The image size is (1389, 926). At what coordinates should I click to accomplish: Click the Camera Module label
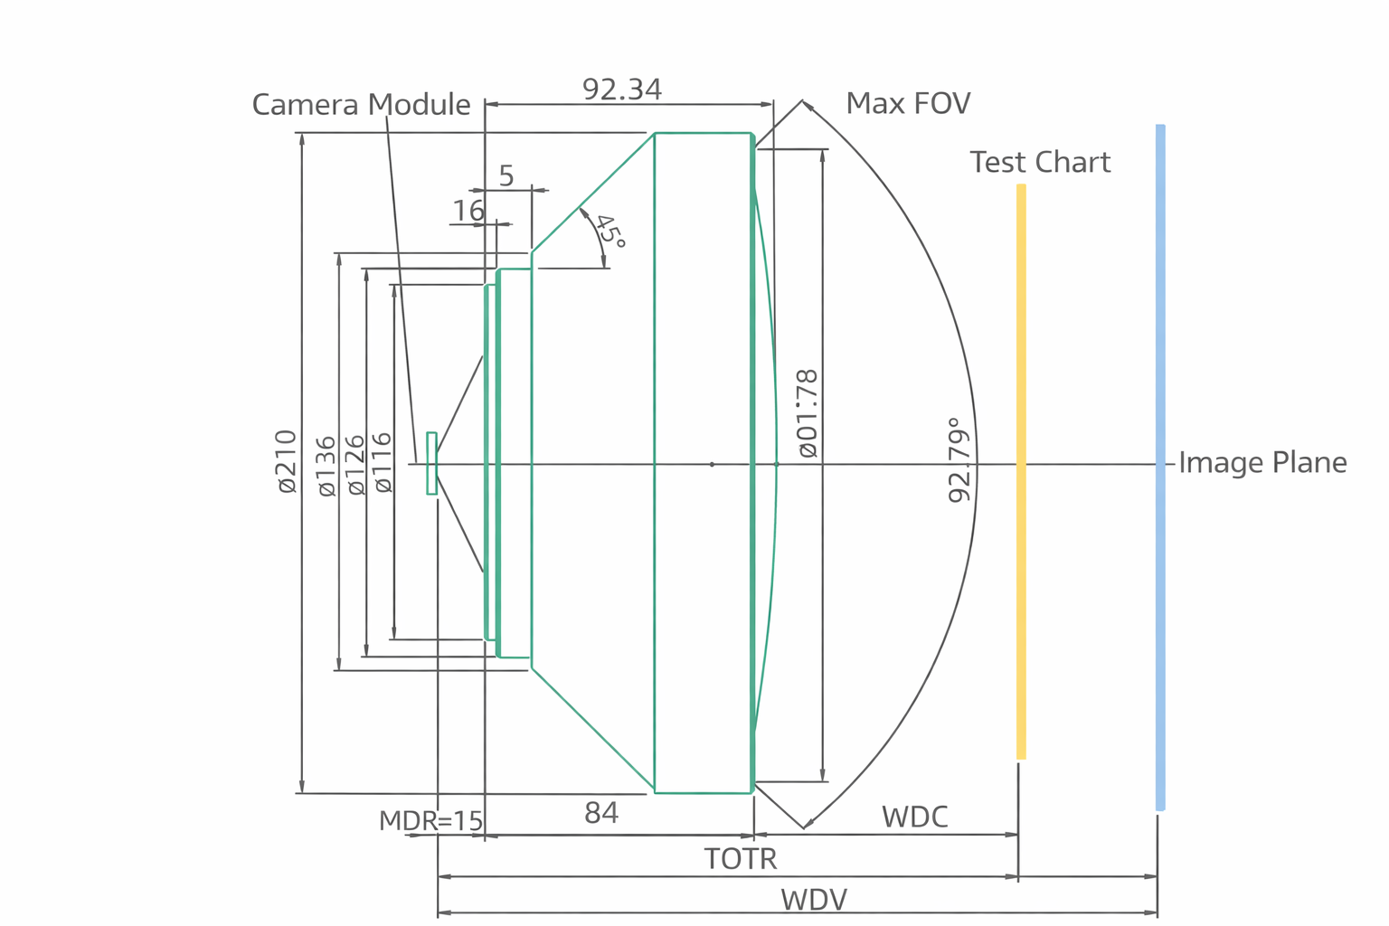361,105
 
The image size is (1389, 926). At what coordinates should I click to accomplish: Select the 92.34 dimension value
622,90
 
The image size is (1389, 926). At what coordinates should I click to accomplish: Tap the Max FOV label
908,104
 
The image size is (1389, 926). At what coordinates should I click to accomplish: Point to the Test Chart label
1040,163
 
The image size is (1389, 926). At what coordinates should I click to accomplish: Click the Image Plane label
1262,463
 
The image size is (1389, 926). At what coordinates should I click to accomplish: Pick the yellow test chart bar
1021,470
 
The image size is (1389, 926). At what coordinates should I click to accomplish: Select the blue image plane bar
1160,467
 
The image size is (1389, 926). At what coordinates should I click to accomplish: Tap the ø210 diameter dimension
286,461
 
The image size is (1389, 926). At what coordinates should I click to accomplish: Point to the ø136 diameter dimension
326,466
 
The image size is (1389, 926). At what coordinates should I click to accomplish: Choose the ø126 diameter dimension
355,465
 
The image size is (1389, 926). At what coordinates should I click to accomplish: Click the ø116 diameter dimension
383,462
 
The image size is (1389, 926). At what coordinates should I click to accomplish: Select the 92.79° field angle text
959,460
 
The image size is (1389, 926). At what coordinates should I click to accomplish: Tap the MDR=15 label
430,821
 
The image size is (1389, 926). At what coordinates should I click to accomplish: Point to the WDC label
914,817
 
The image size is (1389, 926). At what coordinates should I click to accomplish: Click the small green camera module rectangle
431,463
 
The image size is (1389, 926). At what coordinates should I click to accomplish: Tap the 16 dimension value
468,211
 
